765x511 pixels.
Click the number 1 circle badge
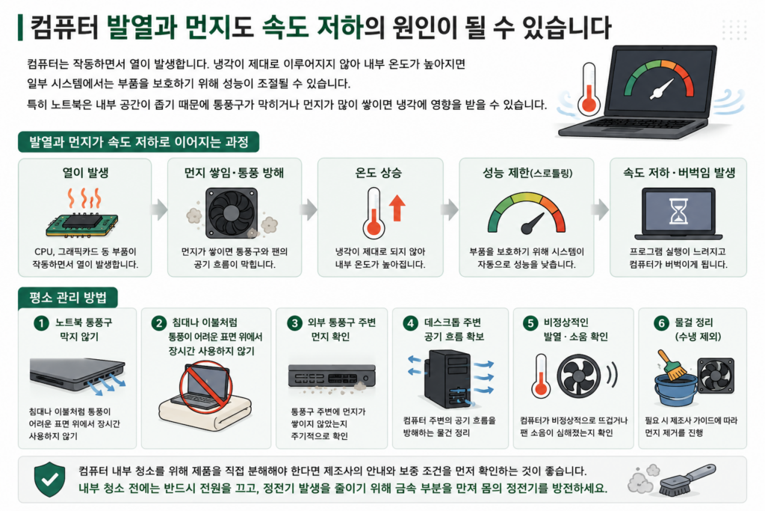click(42, 323)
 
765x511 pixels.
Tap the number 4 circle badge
click(411, 323)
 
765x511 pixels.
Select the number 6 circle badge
click(662, 323)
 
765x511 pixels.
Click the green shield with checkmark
click(50, 480)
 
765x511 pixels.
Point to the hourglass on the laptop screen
click(678, 211)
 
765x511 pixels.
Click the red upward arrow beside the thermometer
click(397, 208)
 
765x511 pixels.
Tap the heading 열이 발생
click(85, 172)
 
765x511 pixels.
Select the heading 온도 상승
click(379, 172)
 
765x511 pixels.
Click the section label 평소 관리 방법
click(68, 298)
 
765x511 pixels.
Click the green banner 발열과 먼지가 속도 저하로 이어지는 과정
click(138, 142)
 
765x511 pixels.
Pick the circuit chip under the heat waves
click(82, 225)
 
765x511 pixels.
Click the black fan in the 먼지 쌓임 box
click(232, 213)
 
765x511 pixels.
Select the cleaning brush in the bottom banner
click(687, 480)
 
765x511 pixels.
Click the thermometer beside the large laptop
click(589, 89)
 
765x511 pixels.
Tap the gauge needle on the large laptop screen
click(662, 89)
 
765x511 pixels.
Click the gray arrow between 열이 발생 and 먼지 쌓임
click(159, 209)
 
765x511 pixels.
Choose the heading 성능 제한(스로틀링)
click(527, 172)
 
